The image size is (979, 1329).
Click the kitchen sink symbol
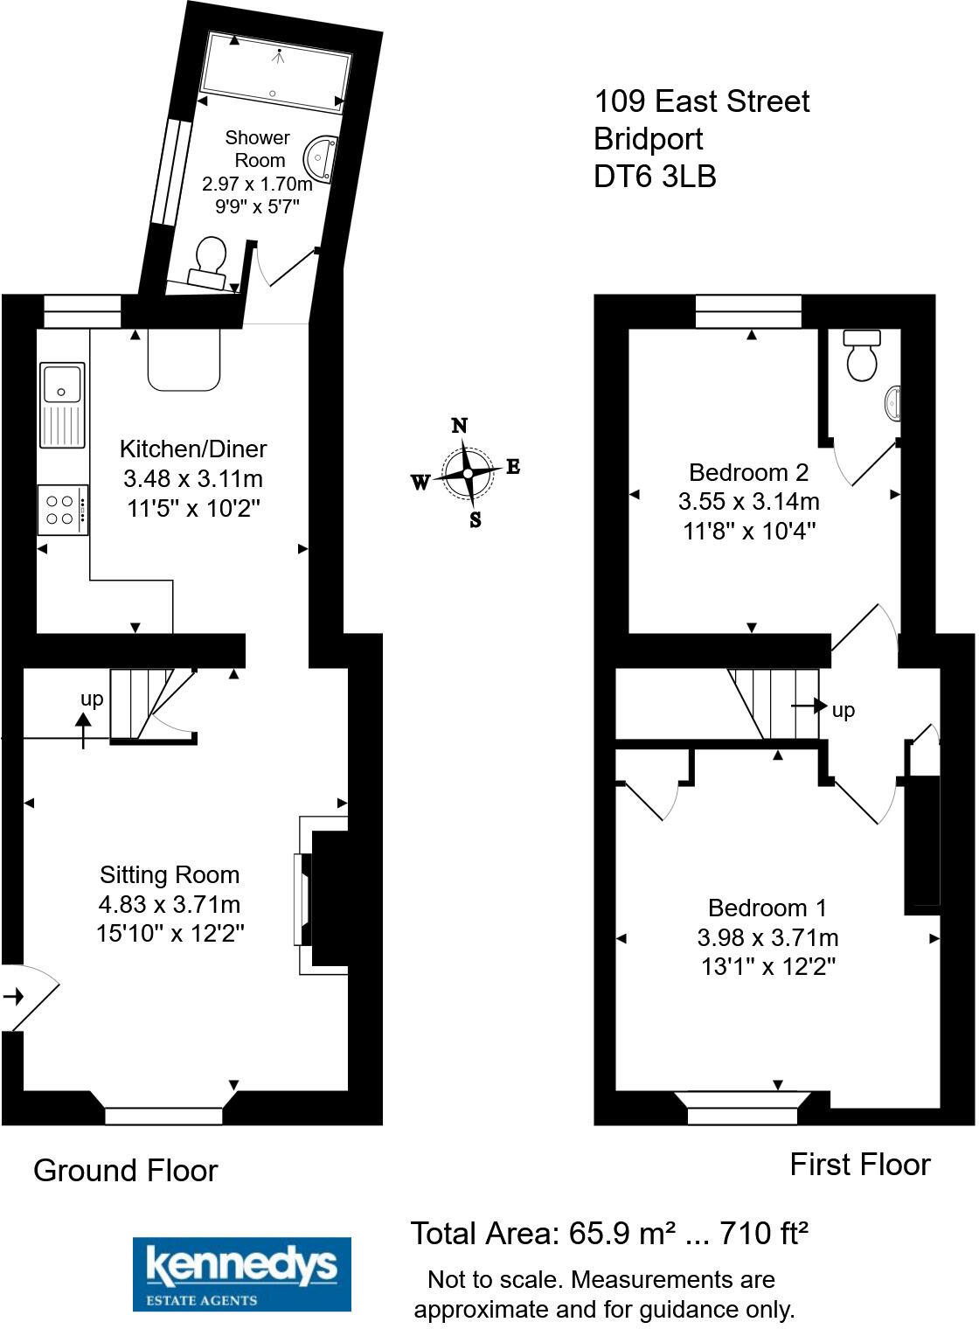[x=63, y=405]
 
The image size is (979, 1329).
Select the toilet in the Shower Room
[x=210, y=261]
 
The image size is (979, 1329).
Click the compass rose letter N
[x=460, y=426]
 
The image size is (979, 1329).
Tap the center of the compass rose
[x=468, y=473]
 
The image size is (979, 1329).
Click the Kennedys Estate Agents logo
[x=241, y=1274]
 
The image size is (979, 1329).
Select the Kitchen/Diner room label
[x=193, y=449]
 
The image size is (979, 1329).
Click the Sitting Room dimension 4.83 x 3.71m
[x=170, y=904]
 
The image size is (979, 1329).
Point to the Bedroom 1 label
[x=767, y=908]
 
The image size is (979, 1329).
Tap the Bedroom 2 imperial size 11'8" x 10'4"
[x=749, y=531]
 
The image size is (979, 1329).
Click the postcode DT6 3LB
[x=655, y=177]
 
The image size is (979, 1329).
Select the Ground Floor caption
[x=125, y=1171]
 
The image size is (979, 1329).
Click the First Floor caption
[x=860, y=1165]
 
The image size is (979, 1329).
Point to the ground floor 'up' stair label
[x=92, y=699]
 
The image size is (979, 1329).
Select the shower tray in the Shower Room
[x=275, y=72]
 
